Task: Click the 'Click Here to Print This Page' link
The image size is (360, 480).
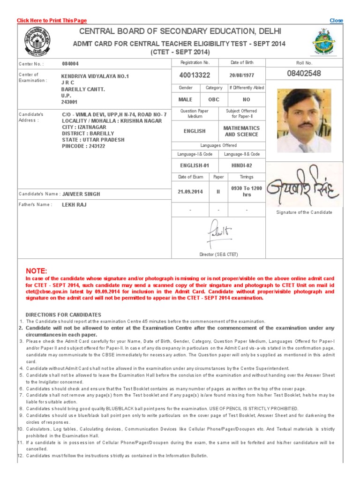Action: tap(52, 21)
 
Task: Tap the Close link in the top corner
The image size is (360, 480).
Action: tap(336, 21)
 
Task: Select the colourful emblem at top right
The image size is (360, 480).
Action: tap(324, 42)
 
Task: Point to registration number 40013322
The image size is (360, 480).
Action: tap(195, 75)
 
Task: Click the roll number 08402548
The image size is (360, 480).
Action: tap(304, 74)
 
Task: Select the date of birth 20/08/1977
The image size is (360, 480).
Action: tap(241, 75)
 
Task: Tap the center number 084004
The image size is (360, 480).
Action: tap(70, 64)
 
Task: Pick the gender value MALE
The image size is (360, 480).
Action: tap(185, 99)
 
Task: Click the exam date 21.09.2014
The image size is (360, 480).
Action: tap(190, 192)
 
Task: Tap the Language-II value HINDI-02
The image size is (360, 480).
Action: tap(241, 165)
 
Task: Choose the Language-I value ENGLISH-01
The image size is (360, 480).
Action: tap(195, 165)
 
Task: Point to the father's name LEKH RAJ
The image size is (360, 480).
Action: tap(74, 205)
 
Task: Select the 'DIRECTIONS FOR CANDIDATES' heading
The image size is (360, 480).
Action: tap(63, 315)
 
